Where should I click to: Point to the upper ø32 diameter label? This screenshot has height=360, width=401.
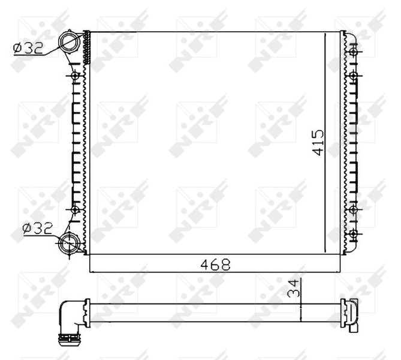tap(29, 49)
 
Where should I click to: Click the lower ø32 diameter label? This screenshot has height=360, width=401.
tap(37, 227)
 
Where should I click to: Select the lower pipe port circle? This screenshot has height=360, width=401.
tap(70, 244)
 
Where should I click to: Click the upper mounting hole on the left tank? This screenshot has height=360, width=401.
tap(74, 77)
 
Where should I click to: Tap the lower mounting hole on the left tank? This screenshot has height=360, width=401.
tap(74, 210)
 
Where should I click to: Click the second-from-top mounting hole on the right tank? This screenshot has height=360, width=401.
tap(354, 76)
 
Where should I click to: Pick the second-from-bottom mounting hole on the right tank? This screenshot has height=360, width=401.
tap(354, 210)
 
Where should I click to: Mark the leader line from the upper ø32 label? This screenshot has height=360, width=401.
tap(54, 53)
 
